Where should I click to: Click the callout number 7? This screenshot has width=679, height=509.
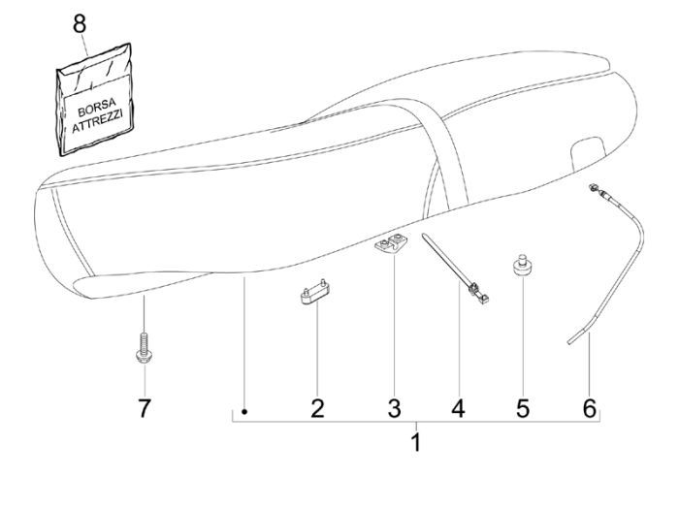coord(144,408)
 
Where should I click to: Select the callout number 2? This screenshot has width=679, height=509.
coord(316,408)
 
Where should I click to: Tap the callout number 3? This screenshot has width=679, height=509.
coord(394,408)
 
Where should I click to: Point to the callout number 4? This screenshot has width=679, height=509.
coord(458,408)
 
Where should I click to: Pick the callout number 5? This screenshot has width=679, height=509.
coord(523,408)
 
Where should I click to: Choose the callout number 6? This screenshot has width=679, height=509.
coord(589,408)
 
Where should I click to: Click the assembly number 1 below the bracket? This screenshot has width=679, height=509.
coord(417,445)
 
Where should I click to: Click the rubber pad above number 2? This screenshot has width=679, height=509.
coord(316,295)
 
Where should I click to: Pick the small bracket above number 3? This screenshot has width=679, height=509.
coord(390,246)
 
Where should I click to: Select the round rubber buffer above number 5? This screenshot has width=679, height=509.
coord(524,266)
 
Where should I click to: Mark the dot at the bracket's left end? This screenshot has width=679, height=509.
coord(245,412)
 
